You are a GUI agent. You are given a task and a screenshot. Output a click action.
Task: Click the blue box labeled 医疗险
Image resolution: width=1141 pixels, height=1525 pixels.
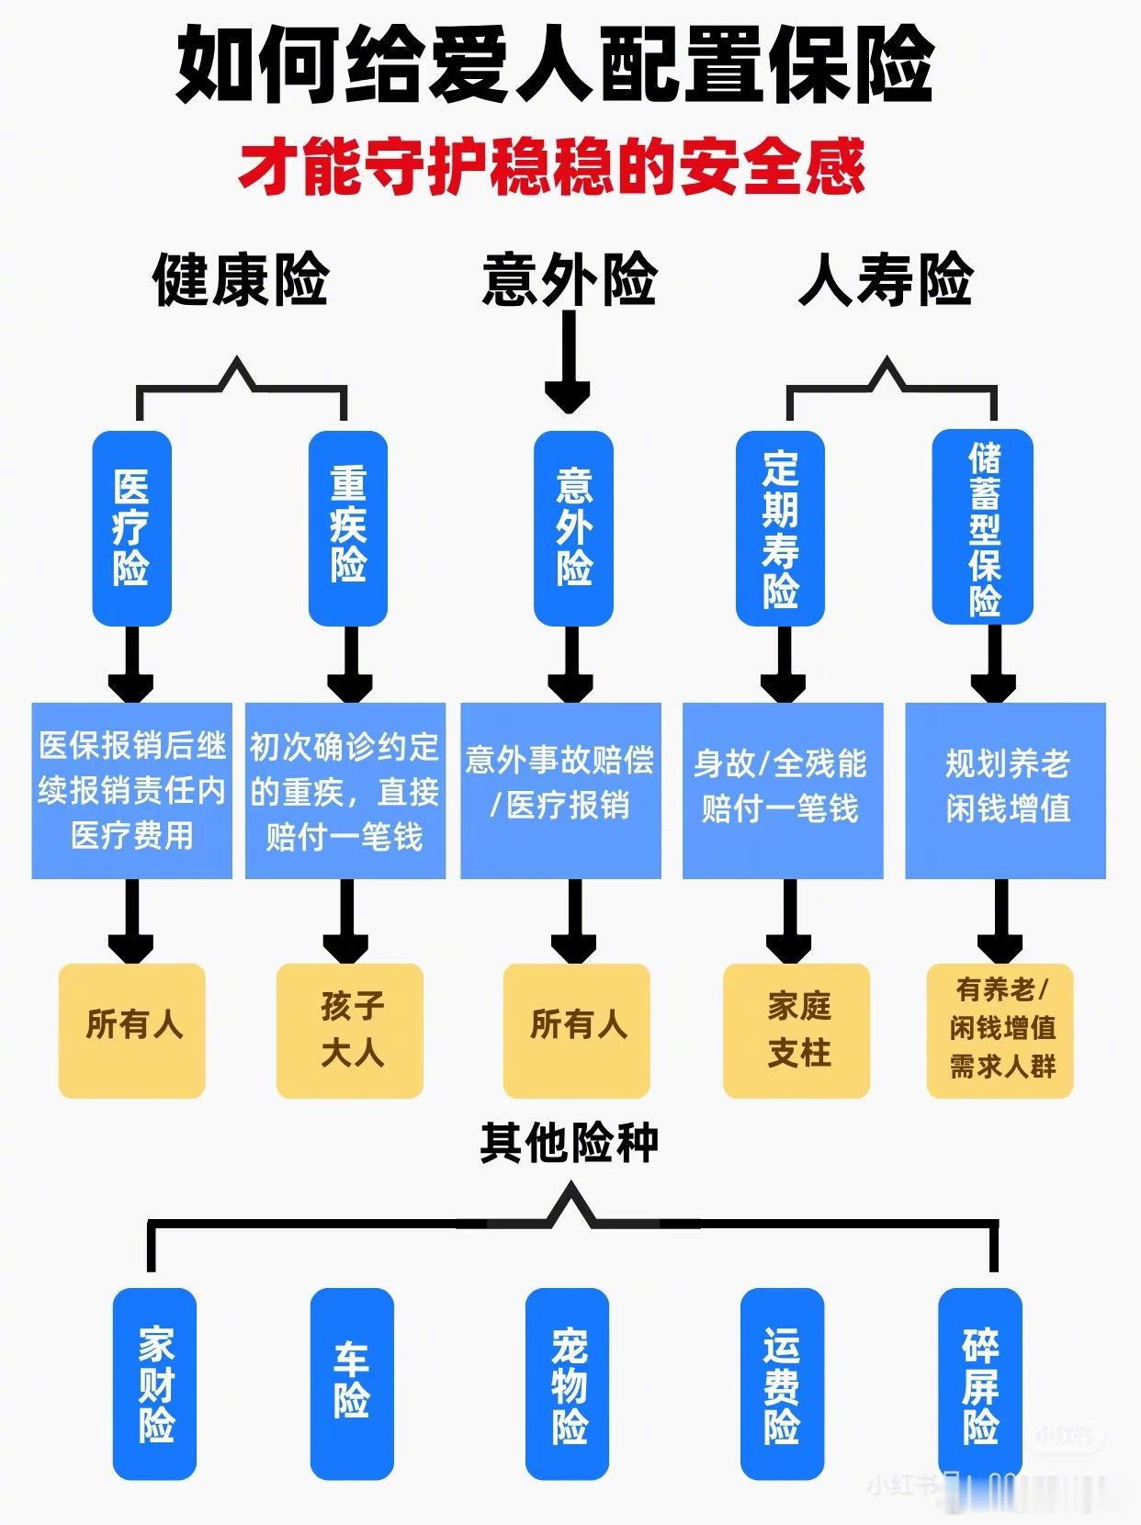131,528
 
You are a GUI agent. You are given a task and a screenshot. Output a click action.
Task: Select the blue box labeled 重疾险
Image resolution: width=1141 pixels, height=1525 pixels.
347,528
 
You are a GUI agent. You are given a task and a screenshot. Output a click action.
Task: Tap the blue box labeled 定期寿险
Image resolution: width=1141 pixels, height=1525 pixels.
780,528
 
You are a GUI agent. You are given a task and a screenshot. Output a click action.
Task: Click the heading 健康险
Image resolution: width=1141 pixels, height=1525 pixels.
241,279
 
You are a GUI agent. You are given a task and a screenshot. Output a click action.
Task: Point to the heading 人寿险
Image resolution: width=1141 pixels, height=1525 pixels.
886,279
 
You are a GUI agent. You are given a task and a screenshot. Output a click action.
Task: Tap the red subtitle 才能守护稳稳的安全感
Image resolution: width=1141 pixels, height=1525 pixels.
551,167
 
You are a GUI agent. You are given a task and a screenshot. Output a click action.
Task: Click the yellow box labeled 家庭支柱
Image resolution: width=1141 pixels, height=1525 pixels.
796,1030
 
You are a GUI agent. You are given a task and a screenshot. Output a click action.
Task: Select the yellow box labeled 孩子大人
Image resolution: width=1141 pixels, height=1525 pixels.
350,1030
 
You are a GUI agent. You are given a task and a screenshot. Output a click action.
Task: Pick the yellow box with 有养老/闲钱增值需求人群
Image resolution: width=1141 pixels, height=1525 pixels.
1000,1030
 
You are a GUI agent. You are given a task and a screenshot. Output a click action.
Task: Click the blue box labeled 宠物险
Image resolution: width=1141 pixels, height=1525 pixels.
568,1384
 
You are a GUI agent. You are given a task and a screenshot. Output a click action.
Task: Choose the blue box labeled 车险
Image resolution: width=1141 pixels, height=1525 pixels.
352,1384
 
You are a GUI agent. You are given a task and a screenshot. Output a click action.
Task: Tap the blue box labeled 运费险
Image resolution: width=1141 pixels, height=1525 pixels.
782,1384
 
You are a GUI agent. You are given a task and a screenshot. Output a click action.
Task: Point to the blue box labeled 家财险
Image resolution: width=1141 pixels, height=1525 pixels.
154,1384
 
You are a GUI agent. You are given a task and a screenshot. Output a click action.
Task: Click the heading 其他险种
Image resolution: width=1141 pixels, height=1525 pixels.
569,1143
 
